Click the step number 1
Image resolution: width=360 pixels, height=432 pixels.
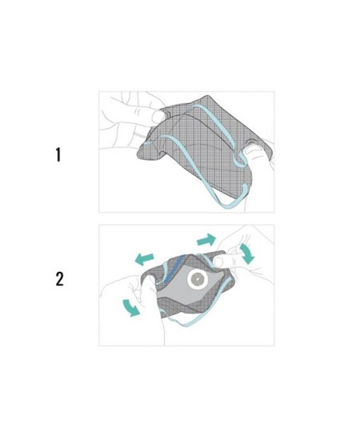pos(58,155)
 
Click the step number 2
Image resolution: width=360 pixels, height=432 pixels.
pos(60,279)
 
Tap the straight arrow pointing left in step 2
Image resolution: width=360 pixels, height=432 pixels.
pos(144,259)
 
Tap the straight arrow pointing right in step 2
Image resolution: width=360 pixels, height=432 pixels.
pos(207,239)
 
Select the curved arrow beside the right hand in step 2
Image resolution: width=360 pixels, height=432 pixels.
pos(247,253)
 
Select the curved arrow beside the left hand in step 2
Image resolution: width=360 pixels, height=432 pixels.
pos(131,308)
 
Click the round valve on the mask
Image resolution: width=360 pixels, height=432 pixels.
pos(198,280)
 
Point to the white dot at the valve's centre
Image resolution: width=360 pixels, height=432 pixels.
pos(198,280)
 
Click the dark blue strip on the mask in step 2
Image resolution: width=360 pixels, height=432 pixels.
pos(173,268)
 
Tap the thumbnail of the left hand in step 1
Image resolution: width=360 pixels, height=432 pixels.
pos(159,117)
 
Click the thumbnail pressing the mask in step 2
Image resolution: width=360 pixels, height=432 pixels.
pos(220,261)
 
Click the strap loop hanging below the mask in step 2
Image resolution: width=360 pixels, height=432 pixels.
pos(193,323)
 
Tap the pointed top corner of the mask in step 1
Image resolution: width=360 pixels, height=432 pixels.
pos(208,97)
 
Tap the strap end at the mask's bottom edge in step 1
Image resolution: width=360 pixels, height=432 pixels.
pos(244,190)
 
